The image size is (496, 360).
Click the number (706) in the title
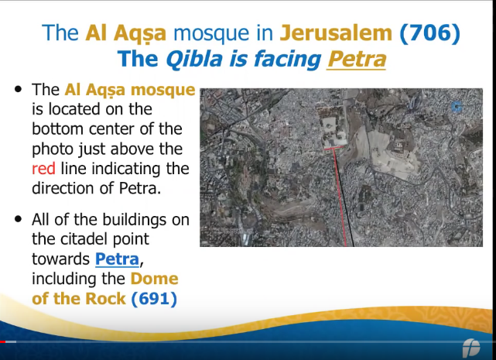(x=430, y=33)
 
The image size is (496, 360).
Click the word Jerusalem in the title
(x=336, y=33)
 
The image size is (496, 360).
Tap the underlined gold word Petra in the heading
(x=357, y=59)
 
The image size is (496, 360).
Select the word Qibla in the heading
(x=194, y=60)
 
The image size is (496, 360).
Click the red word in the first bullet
(x=43, y=169)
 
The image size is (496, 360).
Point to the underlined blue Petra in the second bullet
(x=117, y=259)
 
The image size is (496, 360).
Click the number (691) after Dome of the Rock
(x=154, y=299)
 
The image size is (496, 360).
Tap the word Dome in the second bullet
(x=154, y=279)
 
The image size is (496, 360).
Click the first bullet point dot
(x=19, y=89)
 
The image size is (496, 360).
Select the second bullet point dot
(x=19, y=219)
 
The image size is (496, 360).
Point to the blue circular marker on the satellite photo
(x=456, y=107)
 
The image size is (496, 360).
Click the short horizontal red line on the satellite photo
(x=334, y=148)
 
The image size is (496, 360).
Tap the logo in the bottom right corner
(x=471, y=348)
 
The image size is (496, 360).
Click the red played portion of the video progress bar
(x=3, y=341)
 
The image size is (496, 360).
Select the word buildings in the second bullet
(x=134, y=220)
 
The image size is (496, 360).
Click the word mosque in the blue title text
(x=211, y=33)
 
